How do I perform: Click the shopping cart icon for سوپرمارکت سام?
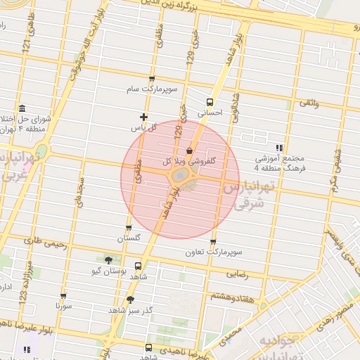click(x=152, y=79)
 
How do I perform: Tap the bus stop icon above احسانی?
click(x=210, y=101)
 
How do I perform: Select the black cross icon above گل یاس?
click(x=144, y=117)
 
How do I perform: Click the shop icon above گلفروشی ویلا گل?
click(x=189, y=150)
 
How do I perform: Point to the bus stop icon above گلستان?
click(x=128, y=228)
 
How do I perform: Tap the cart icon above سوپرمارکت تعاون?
click(x=212, y=240)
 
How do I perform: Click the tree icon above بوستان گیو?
click(x=108, y=259)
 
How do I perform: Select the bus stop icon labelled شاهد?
click(x=137, y=266)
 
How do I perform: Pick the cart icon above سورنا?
click(x=63, y=296)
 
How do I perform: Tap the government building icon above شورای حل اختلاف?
click(x=22, y=108)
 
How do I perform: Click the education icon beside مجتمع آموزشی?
click(x=279, y=148)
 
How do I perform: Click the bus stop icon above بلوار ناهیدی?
click(x=148, y=347)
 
